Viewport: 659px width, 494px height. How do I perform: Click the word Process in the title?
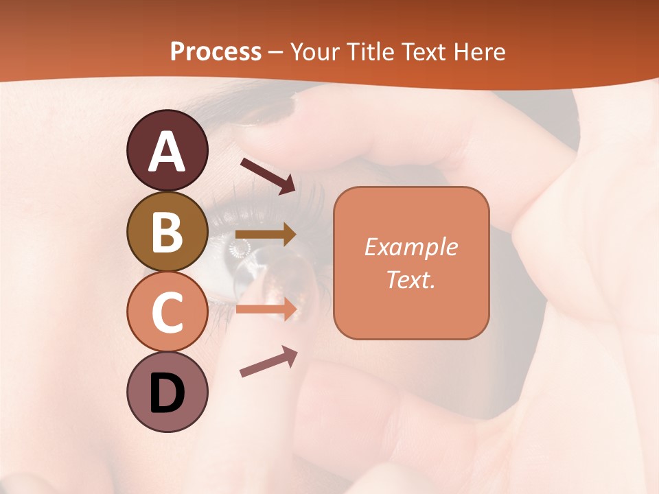click(x=216, y=51)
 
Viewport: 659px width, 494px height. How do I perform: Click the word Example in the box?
click(x=411, y=247)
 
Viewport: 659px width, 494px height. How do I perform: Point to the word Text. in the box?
click(x=411, y=280)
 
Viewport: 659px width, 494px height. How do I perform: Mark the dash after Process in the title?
click(x=276, y=53)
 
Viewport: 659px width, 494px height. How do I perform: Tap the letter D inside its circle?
click(x=167, y=395)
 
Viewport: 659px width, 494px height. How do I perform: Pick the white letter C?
click(x=167, y=313)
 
